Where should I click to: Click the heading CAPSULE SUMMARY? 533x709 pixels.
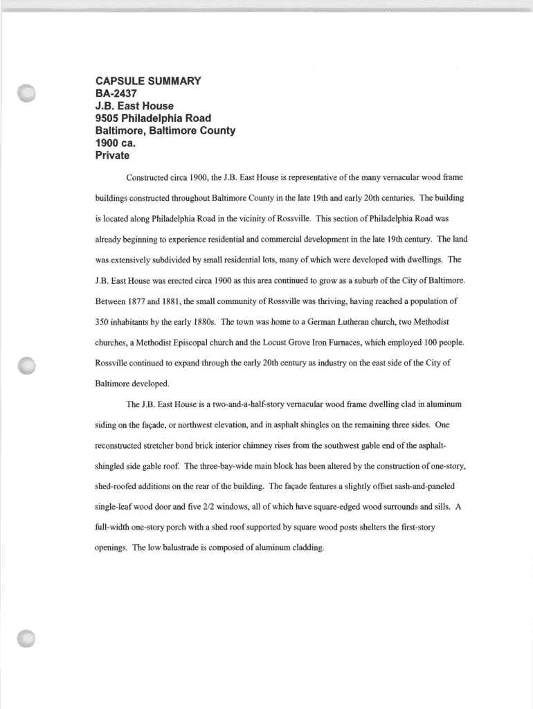(147, 80)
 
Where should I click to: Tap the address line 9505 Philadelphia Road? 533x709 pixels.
(153, 118)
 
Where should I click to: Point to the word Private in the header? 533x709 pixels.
(112, 155)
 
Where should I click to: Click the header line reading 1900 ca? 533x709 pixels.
(116, 143)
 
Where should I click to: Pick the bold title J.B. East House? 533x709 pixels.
(134, 105)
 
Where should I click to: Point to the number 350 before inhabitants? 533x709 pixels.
(102, 322)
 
